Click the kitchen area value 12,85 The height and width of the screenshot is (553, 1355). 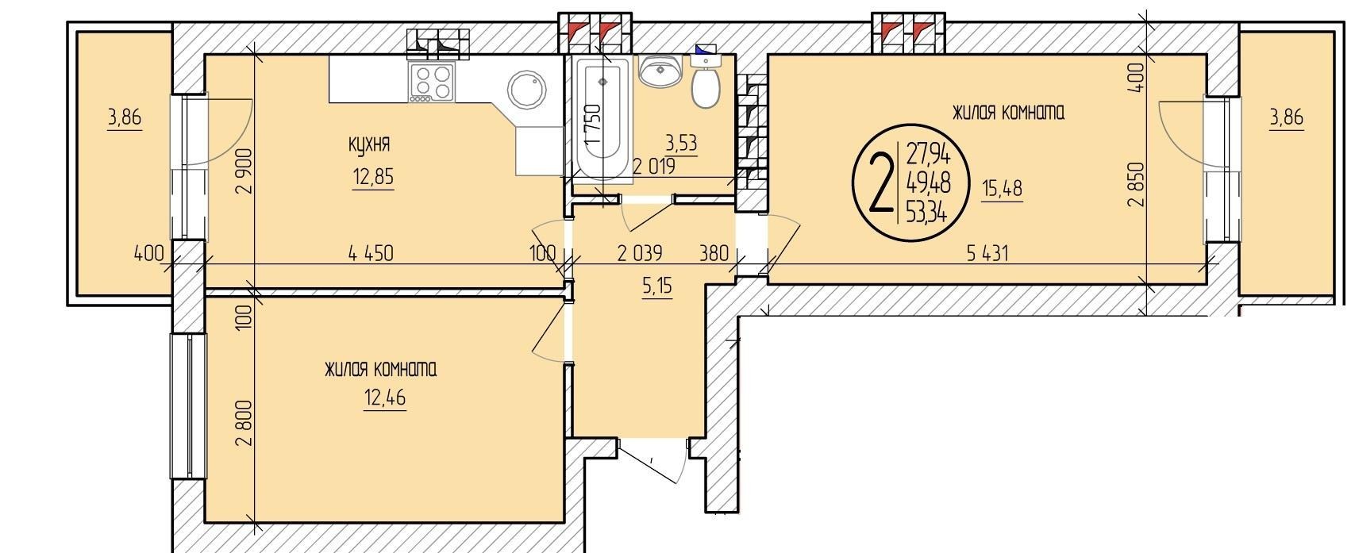point(373,177)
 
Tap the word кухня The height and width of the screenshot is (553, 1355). point(369,144)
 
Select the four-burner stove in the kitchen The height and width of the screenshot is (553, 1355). point(432,83)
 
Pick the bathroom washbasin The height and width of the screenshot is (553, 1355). point(660,71)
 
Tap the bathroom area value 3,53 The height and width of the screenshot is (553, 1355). point(681,144)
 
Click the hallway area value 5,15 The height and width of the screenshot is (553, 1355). point(657,286)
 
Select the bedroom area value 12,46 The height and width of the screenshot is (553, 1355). point(385,397)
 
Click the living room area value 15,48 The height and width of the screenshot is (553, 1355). point(1003,189)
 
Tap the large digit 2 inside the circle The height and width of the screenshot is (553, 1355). point(881,182)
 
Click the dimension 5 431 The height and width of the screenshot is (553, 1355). point(987,253)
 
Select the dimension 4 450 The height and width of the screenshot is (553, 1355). point(371,252)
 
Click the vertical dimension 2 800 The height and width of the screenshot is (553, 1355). point(244,422)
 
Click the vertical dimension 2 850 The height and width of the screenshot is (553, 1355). point(1138,185)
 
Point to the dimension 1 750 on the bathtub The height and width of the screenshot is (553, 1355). point(594,123)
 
